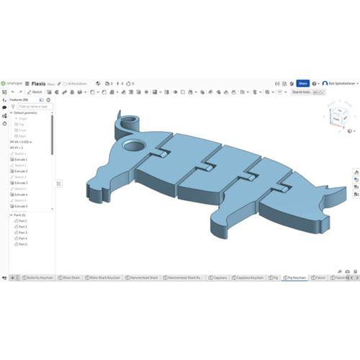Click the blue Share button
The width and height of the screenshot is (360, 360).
pos(303,84)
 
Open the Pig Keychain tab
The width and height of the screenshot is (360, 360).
pos(295,277)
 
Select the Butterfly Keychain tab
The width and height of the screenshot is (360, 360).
pos(40,277)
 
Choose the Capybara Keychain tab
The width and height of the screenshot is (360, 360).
pos(248,277)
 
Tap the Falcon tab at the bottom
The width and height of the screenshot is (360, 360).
pos(320,277)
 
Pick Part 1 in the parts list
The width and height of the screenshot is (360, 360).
pos(22,220)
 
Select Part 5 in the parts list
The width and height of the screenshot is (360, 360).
pos(22,244)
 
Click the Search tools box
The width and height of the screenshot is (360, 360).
pos(303,92)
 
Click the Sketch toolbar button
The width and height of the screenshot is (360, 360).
pos(35,92)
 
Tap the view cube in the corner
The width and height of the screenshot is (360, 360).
pos(338,114)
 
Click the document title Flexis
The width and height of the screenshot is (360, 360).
pos(39,84)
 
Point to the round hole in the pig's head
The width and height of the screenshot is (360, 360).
pos(132,145)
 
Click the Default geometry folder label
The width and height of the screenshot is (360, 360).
pos(27,113)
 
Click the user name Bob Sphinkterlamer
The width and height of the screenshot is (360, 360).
pos(338,84)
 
